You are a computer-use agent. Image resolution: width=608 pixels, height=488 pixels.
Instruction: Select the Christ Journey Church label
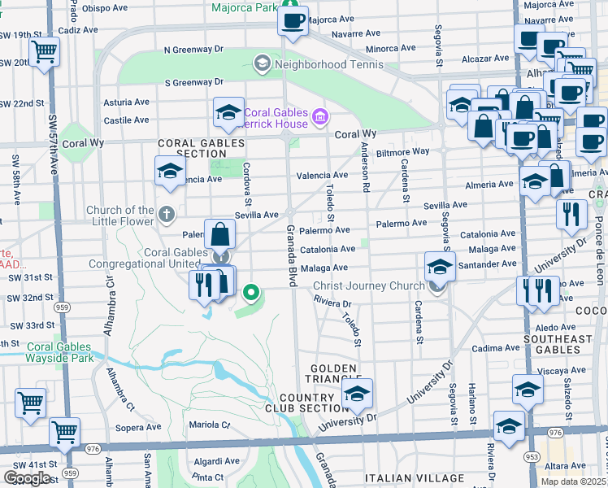(x=368, y=285)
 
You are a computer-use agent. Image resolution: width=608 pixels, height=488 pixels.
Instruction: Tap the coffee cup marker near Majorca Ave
(x=293, y=20)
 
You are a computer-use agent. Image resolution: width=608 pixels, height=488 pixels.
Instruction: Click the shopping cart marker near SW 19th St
(x=44, y=51)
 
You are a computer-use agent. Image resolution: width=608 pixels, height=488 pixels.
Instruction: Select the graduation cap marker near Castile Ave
(x=228, y=112)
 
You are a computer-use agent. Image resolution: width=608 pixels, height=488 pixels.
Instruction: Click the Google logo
(x=27, y=478)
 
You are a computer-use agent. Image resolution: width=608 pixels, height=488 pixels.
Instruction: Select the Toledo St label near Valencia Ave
(x=330, y=203)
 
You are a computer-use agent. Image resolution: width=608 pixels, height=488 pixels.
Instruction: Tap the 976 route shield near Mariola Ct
(x=92, y=448)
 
